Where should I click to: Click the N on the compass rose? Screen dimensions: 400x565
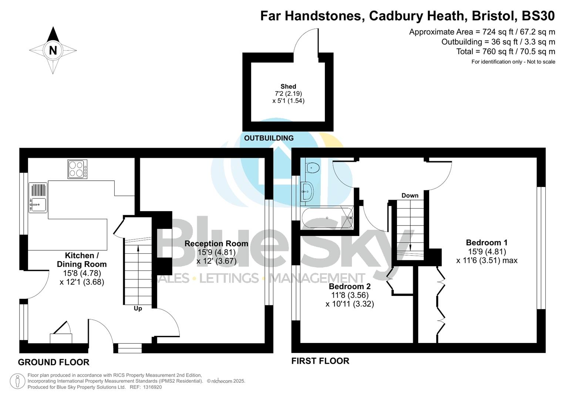53,50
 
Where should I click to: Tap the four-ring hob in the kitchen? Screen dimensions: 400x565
77,169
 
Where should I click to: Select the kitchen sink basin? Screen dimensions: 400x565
38,204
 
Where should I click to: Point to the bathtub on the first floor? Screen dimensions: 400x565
327,218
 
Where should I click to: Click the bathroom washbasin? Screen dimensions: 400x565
307,191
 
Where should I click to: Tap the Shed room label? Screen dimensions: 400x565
288,86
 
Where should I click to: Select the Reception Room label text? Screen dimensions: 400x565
216,243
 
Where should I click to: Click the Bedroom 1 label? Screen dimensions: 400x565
487,243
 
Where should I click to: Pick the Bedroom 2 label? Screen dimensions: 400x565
350,286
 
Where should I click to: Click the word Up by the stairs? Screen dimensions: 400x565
138,308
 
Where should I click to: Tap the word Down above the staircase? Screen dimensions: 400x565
410,195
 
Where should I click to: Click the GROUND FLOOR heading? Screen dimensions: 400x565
54,362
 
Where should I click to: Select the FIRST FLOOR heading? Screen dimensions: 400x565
320,361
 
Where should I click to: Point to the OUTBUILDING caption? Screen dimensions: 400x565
269,138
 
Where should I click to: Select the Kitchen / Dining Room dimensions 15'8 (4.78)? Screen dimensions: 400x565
82,273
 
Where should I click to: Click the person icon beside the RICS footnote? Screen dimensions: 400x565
17,381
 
